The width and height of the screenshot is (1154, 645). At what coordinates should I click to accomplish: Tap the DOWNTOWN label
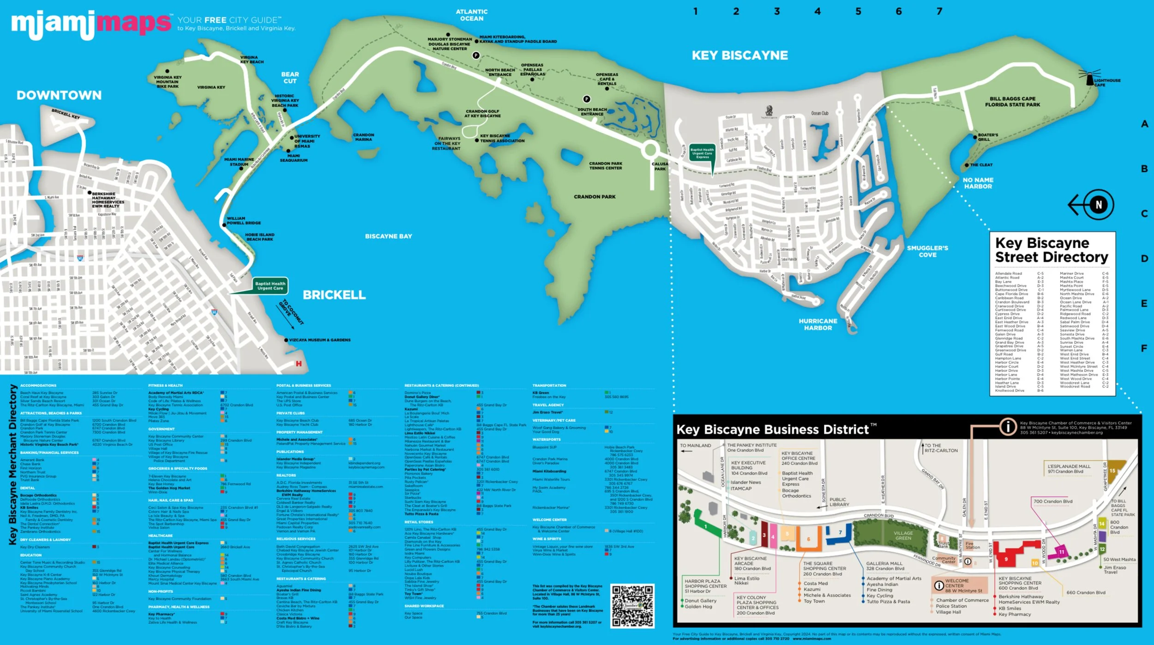(x=59, y=95)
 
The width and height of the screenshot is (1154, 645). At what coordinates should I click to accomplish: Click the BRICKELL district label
(x=334, y=295)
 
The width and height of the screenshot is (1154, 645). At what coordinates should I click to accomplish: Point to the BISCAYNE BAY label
(x=388, y=236)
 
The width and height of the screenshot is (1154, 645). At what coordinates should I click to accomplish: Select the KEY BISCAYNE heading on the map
(x=739, y=55)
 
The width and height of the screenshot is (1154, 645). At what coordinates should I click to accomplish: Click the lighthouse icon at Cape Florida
(x=1089, y=77)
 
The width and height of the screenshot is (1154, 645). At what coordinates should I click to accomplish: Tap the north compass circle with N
(x=1099, y=205)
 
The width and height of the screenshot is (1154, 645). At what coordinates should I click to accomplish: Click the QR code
(x=632, y=606)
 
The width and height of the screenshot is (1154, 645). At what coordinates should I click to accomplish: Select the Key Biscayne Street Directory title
(x=1051, y=250)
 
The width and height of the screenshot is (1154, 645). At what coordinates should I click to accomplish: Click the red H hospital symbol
(x=299, y=364)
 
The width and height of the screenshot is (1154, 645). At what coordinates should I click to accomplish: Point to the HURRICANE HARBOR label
(x=818, y=324)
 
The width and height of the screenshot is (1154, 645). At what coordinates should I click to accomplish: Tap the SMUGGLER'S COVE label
(x=927, y=251)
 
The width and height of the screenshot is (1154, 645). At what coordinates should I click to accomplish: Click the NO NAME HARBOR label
(x=978, y=183)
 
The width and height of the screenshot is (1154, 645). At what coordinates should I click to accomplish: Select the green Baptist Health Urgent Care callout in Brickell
(x=270, y=286)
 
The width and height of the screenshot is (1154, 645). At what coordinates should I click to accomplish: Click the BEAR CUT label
(x=290, y=78)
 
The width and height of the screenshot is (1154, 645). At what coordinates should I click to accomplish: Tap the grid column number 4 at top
(x=817, y=11)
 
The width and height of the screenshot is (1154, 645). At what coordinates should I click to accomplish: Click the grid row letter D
(x=1144, y=259)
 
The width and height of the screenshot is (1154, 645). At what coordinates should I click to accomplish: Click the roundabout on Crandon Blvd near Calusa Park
(x=650, y=150)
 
